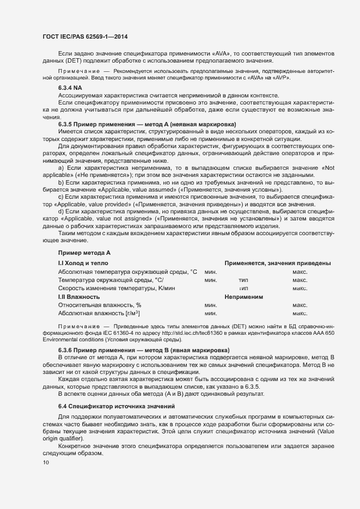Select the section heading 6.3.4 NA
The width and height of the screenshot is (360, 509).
coord(70,88)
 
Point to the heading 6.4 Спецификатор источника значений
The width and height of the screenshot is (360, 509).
coord(117,407)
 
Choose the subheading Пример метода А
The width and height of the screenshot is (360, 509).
coord(84,253)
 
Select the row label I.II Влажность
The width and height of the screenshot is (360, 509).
coord(78,297)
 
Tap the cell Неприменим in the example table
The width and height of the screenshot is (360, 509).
coord(243,297)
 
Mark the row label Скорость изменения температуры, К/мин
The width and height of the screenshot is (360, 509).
coord(116,288)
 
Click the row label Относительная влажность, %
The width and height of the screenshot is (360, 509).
coord(99,305)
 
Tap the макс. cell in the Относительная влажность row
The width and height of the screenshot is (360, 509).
coord(300,305)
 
